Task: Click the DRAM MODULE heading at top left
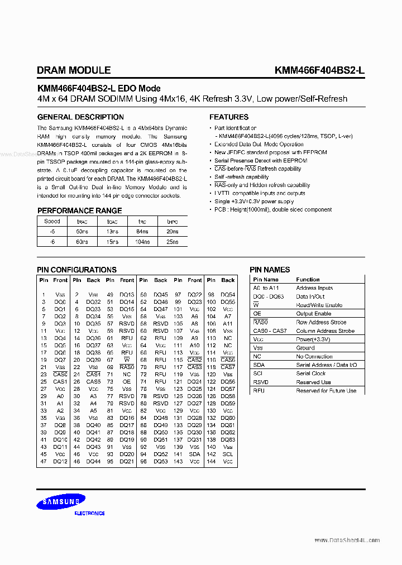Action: [x=74, y=70]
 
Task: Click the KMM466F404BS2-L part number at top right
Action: [x=319, y=70]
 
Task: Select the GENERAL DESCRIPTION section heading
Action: [x=80, y=117]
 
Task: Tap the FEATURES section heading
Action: [x=229, y=117]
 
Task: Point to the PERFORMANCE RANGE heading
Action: [x=79, y=210]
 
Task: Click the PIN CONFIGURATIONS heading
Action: [x=76, y=270]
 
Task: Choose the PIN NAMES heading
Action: [x=270, y=270]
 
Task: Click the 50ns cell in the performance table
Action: [x=82, y=231]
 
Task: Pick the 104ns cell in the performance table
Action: [x=142, y=242]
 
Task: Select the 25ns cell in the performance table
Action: [x=173, y=242]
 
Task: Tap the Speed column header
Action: [x=52, y=221]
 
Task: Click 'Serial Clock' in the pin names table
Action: [x=311, y=374]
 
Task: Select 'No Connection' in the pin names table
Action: [x=314, y=356]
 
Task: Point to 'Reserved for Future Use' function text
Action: [x=326, y=391]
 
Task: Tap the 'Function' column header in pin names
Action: [x=308, y=279]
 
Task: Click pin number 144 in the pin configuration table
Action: [x=211, y=462]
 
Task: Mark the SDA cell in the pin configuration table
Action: [x=194, y=454]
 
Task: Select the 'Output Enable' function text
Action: [x=314, y=314]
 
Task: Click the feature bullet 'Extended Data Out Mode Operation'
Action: [x=259, y=144]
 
